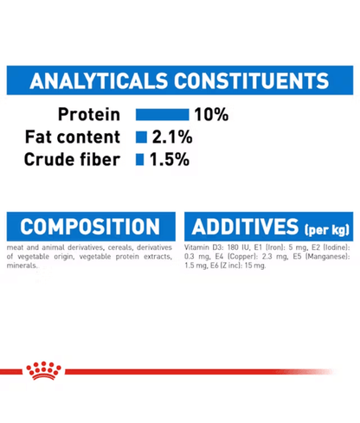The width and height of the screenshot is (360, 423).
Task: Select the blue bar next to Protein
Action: coord(162,114)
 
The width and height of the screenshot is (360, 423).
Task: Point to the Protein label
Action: coord(89,114)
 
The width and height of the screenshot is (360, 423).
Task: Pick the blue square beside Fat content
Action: coord(140,137)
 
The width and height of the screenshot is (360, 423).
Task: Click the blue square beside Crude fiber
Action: coord(140,160)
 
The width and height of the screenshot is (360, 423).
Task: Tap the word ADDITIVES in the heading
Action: coord(244,228)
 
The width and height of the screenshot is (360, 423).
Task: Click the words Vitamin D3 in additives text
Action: coord(203,248)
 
